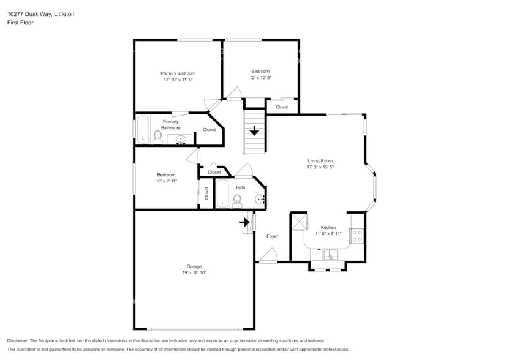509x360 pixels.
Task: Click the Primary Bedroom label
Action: (x=178, y=73)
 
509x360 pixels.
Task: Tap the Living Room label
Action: (x=320, y=160)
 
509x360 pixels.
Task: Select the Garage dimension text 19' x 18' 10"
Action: (x=194, y=272)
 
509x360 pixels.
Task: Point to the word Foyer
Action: (x=272, y=236)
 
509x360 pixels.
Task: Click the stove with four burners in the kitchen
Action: (x=356, y=236)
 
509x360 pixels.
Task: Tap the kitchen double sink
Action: (x=331, y=254)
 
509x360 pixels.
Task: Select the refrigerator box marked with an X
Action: (x=298, y=221)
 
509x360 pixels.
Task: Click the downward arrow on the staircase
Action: (x=254, y=130)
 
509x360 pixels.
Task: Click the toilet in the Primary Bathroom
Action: (x=157, y=137)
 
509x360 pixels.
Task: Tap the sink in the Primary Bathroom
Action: (x=181, y=140)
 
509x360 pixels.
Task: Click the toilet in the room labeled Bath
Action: (x=237, y=200)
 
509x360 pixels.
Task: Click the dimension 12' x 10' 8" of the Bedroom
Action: (x=260, y=78)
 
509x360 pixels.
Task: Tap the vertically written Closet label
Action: (x=206, y=193)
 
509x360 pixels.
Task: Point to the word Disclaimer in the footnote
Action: (x=18, y=340)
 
